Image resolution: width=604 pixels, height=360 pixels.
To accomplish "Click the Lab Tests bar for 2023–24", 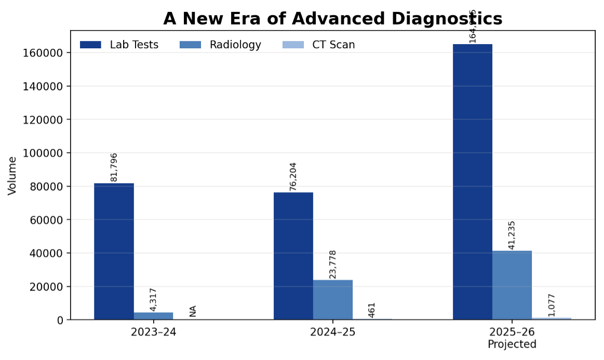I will (x=114, y=252).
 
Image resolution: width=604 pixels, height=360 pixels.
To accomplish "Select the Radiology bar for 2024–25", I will (x=332, y=300).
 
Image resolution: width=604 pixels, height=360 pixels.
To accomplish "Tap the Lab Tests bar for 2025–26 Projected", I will (x=472, y=182).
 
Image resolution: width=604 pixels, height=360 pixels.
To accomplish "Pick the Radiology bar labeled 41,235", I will (x=512, y=285).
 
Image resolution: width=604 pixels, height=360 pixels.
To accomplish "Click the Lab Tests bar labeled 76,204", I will (x=293, y=256).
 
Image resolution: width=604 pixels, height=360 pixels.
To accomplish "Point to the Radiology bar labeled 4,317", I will (x=153, y=316).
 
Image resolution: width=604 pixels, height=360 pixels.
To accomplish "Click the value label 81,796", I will (x=114, y=167).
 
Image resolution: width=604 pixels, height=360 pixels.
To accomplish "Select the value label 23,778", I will (x=333, y=265).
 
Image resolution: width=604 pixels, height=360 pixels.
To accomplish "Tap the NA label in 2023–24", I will (x=193, y=311).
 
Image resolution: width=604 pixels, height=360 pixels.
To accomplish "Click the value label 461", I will (x=371, y=310).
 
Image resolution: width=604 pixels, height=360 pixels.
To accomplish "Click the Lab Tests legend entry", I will (x=119, y=45).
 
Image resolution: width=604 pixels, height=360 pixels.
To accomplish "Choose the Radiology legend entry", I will (x=220, y=45).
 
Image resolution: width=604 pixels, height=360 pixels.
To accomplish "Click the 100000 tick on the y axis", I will (x=43, y=153).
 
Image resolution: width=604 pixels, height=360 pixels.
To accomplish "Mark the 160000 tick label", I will (x=43, y=53).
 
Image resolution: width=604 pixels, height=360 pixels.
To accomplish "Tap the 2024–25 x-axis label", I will (x=332, y=333).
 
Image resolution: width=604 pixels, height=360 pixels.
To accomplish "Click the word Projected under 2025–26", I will (x=512, y=344).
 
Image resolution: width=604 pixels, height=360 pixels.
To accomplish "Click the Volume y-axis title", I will (x=12, y=175).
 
